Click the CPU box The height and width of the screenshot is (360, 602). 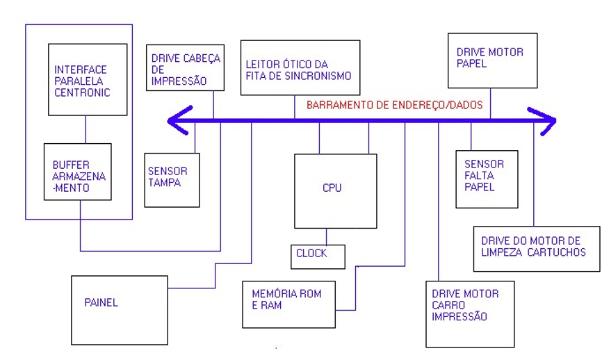[x=335, y=191]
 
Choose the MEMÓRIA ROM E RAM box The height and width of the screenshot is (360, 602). [x=288, y=304]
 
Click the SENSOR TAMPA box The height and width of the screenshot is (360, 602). [x=172, y=179]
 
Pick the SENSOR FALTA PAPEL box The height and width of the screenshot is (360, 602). [x=487, y=179]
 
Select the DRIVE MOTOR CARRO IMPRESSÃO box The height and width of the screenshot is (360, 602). [x=470, y=313]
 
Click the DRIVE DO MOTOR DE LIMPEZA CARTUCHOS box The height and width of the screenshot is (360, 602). [x=536, y=248]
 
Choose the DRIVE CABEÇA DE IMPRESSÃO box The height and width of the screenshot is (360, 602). [x=185, y=67]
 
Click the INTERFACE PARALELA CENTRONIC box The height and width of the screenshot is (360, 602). [x=88, y=80]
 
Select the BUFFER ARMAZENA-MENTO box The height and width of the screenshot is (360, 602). [x=77, y=172]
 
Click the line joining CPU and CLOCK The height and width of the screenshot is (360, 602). [x=326, y=236]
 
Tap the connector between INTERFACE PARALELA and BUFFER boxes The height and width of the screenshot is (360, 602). [x=86, y=129]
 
